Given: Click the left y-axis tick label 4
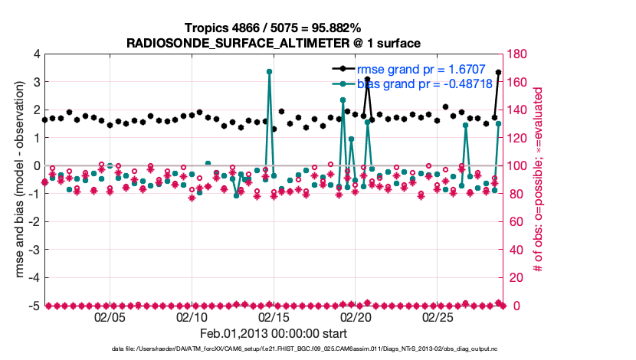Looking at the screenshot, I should click(x=34, y=54).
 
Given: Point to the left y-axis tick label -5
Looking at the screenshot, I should click(x=32, y=306).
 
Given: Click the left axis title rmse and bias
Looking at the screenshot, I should click(x=14, y=180).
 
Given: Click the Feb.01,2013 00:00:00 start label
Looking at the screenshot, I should click(x=273, y=333).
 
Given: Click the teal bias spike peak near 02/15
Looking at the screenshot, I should click(x=270, y=71).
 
